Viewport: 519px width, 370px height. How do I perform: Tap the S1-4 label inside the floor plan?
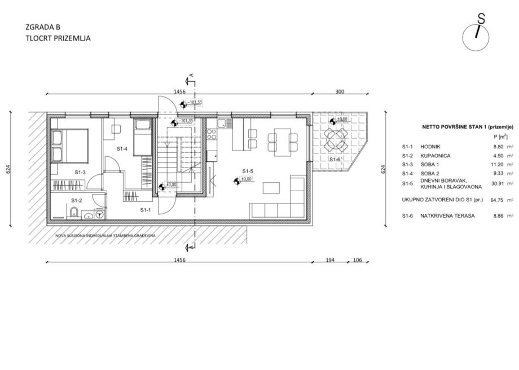click(x=122, y=149)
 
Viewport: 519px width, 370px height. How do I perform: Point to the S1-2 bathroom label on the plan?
click(x=76, y=200)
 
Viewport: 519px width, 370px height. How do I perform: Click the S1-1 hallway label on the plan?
click(x=146, y=209)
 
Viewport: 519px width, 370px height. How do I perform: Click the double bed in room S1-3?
click(x=69, y=146)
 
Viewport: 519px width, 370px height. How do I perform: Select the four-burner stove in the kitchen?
click(x=212, y=134)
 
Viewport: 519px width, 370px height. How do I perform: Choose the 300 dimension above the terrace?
click(x=340, y=91)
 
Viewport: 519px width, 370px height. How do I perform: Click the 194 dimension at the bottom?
click(x=331, y=261)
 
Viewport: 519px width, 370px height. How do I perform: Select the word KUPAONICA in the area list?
click(x=436, y=156)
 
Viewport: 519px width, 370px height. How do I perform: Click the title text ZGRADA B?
click(x=43, y=27)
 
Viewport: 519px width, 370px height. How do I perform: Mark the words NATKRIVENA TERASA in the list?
click(x=444, y=215)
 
